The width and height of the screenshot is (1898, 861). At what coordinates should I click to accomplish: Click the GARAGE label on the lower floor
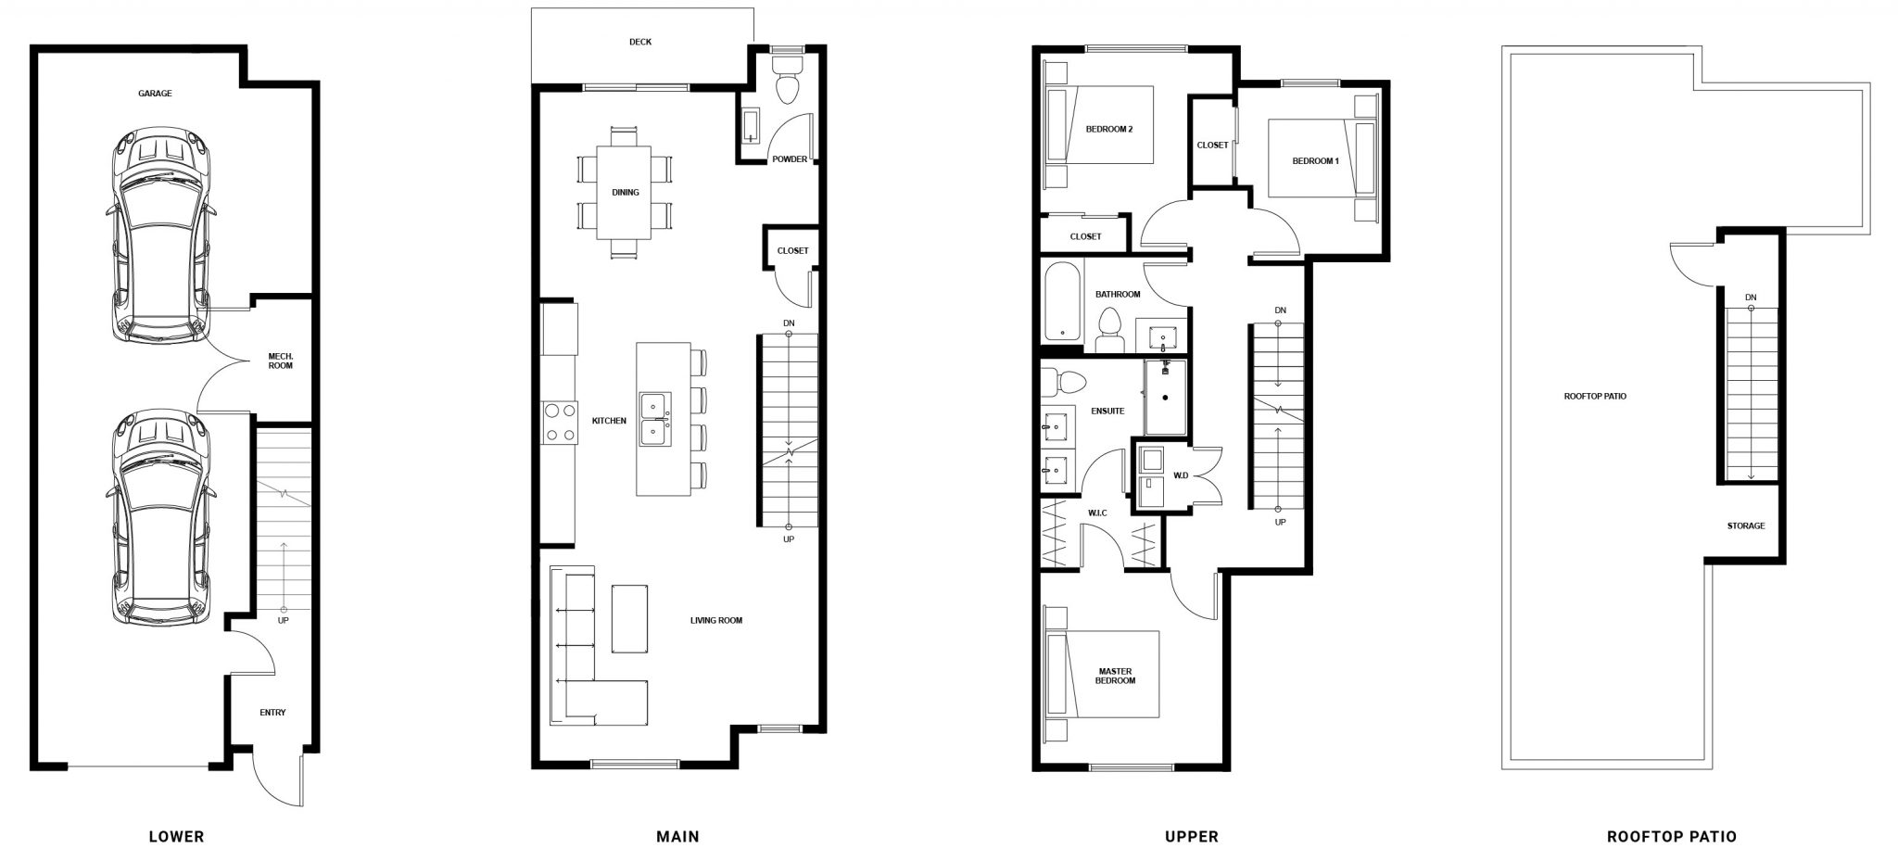click(x=155, y=94)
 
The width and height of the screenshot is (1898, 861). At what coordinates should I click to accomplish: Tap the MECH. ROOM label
click(x=280, y=361)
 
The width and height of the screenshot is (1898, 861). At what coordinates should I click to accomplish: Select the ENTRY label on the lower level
click(x=272, y=713)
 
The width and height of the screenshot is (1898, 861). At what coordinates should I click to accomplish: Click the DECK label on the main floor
click(x=639, y=42)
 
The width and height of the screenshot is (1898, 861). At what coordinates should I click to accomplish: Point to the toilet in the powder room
click(x=788, y=80)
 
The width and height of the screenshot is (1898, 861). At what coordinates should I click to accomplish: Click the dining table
click(x=626, y=192)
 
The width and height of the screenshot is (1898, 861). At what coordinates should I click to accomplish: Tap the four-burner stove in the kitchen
click(x=559, y=422)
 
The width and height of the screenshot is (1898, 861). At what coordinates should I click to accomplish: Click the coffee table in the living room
click(x=630, y=618)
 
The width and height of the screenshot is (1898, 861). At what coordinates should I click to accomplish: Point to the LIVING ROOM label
click(x=716, y=621)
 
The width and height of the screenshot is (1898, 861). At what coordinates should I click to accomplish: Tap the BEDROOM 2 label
click(x=1109, y=130)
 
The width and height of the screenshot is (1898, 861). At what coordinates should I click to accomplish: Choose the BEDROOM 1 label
click(x=1316, y=161)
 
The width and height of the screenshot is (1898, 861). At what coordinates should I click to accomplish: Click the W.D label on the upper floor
click(x=1182, y=476)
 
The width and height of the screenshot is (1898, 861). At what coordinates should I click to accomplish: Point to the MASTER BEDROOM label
click(x=1117, y=676)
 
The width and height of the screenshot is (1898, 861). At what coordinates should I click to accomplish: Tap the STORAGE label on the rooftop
click(x=1746, y=526)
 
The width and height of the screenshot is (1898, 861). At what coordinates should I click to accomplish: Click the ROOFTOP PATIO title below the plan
click(x=1672, y=837)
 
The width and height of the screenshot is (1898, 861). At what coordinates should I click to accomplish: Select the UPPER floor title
click(x=1192, y=837)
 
